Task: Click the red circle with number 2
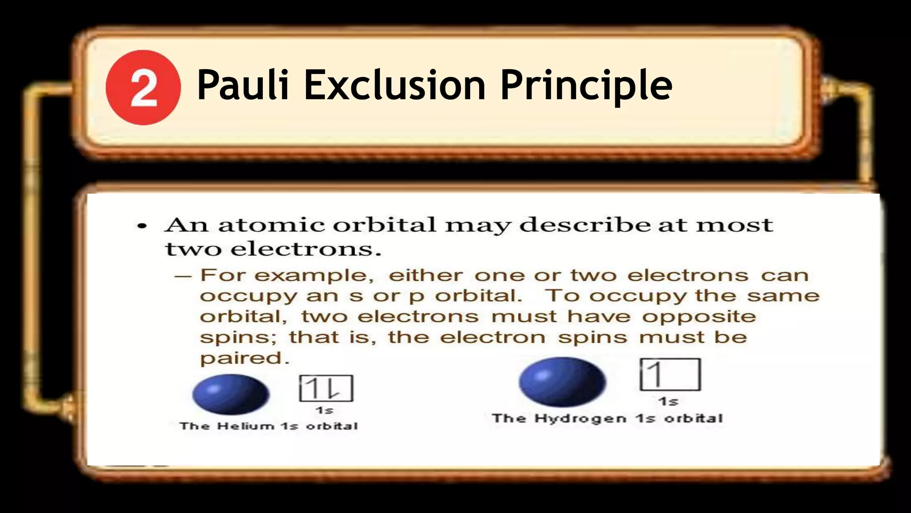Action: (143, 88)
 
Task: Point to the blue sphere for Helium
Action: (231, 394)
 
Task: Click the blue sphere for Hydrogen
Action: (562, 382)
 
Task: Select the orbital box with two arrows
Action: (326, 388)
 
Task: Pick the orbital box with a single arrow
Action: (670, 375)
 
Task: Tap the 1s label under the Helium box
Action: (324, 410)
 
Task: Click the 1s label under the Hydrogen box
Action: (668, 402)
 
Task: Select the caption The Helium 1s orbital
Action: (269, 426)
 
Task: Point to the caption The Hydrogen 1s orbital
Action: (607, 419)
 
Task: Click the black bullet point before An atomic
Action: (142, 226)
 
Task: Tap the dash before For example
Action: (182, 276)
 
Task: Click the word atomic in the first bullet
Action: (271, 225)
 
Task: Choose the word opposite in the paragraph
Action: (699, 317)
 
